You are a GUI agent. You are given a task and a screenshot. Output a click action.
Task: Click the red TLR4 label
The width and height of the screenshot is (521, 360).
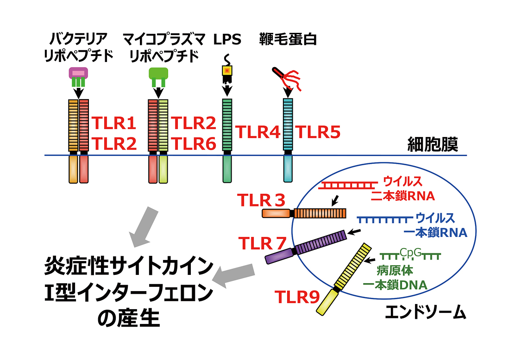click(x=258, y=132)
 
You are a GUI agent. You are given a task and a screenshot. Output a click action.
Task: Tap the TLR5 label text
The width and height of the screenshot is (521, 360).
click(x=318, y=132)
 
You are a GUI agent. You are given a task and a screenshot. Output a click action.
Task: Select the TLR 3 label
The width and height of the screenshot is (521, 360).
click(x=261, y=200)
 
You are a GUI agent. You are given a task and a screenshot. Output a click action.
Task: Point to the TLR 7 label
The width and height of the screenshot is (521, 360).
click(x=262, y=243)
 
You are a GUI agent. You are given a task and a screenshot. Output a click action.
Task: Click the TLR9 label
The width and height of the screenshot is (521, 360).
click(x=297, y=297)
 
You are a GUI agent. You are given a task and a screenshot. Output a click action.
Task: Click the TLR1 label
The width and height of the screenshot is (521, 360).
click(x=114, y=123)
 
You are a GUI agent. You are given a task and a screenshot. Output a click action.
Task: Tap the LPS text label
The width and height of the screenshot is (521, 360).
click(x=227, y=40)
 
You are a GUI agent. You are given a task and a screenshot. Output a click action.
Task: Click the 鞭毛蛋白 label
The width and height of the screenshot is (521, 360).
click(x=288, y=39)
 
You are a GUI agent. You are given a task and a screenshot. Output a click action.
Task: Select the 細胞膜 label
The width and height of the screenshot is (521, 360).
click(x=433, y=144)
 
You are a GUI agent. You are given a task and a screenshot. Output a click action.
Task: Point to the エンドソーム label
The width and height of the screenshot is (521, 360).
click(x=426, y=312)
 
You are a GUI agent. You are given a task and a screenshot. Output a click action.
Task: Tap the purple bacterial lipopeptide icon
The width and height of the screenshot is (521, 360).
click(x=78, y=77)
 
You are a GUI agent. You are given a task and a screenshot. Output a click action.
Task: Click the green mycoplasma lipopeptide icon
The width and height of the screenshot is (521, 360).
click(x=158, y=77)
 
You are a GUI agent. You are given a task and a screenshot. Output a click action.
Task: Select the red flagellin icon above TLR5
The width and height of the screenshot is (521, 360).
click(x=286, y=78)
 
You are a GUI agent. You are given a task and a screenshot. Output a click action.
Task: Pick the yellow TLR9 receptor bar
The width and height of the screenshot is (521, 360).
click(x=344, y=279)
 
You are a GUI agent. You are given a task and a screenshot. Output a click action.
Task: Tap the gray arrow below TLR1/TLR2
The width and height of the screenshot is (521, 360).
click(x=144, y=227)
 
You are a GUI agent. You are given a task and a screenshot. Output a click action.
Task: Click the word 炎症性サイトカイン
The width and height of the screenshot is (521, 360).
click(x=129, y=267)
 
